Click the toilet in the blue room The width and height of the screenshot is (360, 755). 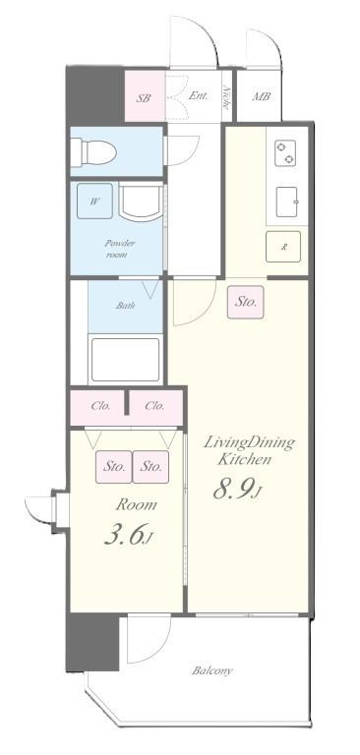[x=94, y=152]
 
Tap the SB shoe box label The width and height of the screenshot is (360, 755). [x=143, y=98]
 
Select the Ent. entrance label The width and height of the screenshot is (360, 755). [x=198, y=95]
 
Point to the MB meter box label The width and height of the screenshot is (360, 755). [x=261, y=96]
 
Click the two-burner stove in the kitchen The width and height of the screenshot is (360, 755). [x=285, y=153]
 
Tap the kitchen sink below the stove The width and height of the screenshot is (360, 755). [x=287, y=203]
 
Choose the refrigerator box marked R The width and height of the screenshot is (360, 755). [x=283, y=247]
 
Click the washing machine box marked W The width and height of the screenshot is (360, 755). [x=94, y=201]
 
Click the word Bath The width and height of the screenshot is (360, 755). [x=125, y=306]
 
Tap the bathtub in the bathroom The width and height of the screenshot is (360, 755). [x=125, y=360]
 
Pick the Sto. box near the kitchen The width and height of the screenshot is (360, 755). [x=246, y=303]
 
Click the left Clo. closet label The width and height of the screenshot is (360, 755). [x=100, y=406]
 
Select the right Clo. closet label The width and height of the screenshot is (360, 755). [x=154, y=406]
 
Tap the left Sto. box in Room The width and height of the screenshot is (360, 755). [x=114, y=467]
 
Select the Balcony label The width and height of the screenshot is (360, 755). [x=212, y=670]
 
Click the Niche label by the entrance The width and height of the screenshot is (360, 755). [x=226, y=97]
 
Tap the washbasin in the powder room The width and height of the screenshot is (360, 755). [x=141, y=203]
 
